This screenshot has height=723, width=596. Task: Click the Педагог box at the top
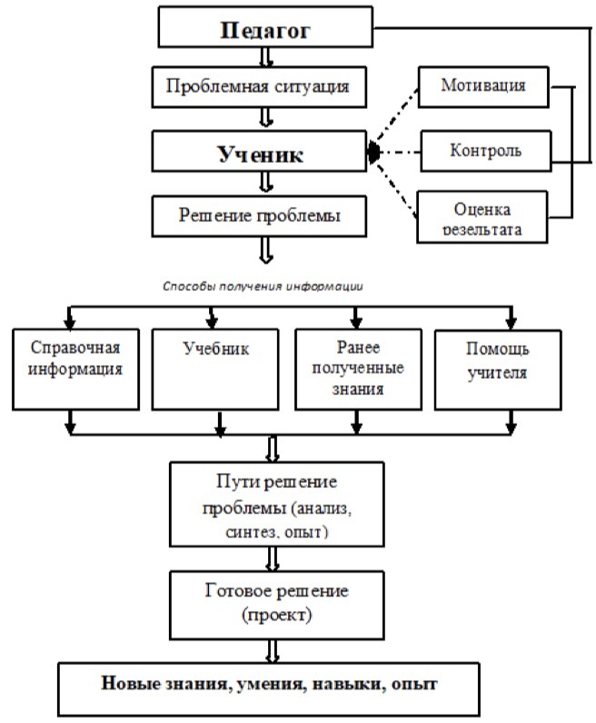(266, 29)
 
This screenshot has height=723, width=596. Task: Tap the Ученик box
(262, 154)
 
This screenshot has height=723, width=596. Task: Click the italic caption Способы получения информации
(263, 284)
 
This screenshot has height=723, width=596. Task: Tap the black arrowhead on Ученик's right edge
(373, 154)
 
